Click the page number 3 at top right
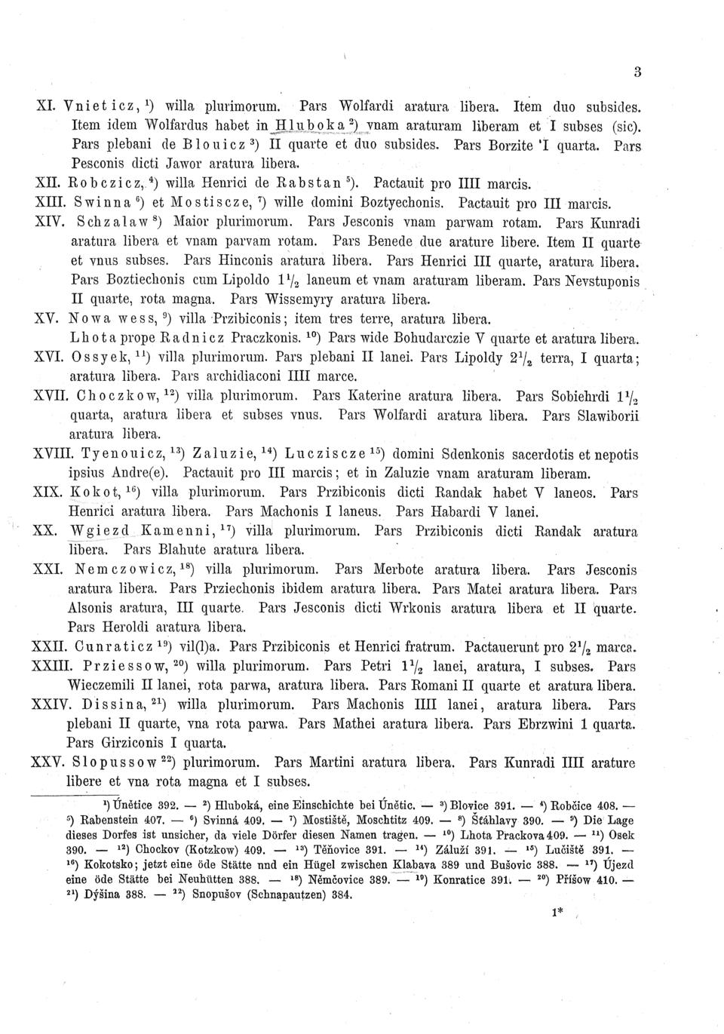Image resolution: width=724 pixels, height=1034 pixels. click(637, 72)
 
